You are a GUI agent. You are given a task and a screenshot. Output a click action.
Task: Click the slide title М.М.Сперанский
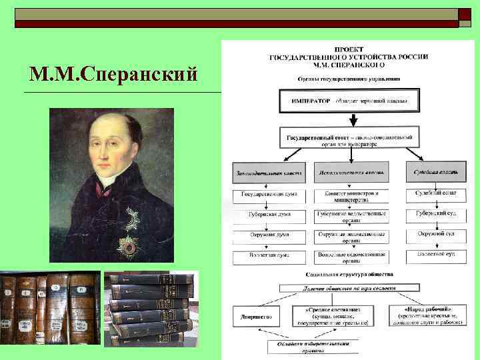pos(113,73)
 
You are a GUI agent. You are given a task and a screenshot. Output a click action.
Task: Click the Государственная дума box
pos(268,196)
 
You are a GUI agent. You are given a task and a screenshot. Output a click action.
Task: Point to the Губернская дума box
pos(268,217)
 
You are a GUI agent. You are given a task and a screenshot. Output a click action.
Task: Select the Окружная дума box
pos(268,237)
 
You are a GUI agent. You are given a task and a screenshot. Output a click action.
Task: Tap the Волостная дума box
pos(268,256)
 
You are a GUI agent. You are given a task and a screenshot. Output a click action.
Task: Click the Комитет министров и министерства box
pos(351,196)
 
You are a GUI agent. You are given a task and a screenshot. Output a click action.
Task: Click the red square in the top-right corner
pos(463,17)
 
